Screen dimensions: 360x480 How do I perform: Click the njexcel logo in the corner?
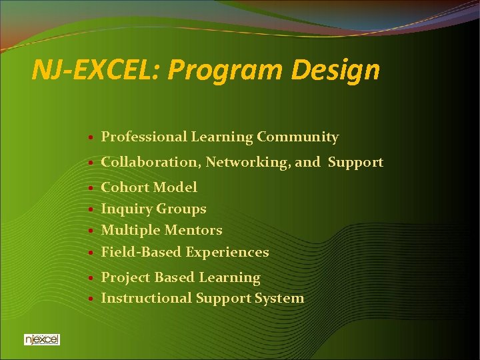(41, 339)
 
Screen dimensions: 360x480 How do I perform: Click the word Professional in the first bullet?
(143, 137)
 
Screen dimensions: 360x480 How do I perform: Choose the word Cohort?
(125, 187)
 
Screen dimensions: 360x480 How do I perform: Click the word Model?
(175, 187)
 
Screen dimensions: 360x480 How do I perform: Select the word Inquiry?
(126, 209)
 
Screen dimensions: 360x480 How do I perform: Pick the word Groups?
(181, 209)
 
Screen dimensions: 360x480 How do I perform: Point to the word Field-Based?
(141, 252)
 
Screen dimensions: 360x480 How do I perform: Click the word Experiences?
(227, 252)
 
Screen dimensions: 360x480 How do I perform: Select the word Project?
(125, 277)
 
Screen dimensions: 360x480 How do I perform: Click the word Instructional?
(146, 299)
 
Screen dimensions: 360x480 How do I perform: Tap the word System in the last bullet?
(279, 299)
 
